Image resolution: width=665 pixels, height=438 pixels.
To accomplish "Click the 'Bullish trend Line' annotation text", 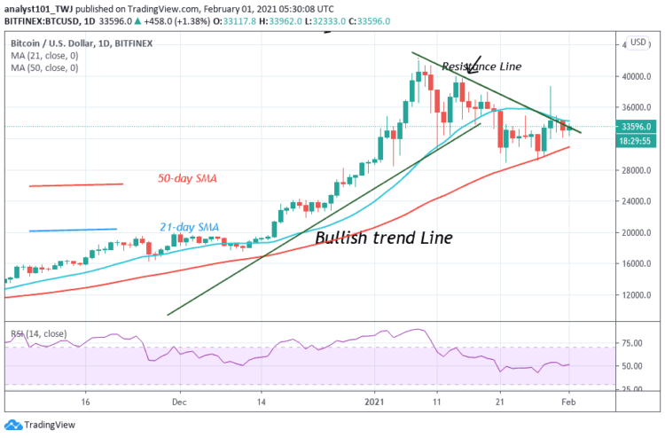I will tap(383, 238).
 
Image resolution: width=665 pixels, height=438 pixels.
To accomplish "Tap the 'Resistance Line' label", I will tap(481, 66).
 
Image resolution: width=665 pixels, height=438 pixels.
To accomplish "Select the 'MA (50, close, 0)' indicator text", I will tap(45, 66).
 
